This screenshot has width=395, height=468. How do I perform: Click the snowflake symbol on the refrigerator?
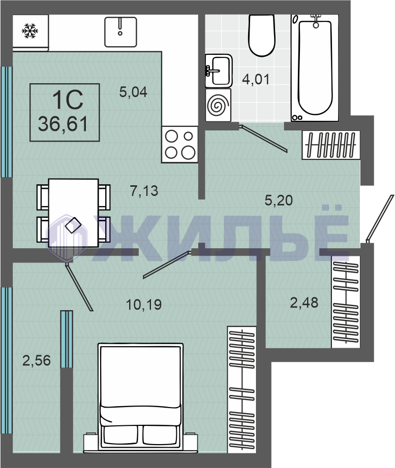[x=30, y=31]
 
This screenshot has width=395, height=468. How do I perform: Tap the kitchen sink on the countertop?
[x=120, y=32]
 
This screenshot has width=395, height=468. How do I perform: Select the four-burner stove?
[x=180, y=145]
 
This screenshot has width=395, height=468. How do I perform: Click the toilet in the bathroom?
[x=262, y=35]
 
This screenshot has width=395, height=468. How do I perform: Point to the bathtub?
[x=315, y=68]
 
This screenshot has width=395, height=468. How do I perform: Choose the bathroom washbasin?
[x=219, y=71]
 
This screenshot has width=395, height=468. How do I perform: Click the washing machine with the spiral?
[x=218, y=105]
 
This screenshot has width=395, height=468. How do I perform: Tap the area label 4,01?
[x=256, y=79]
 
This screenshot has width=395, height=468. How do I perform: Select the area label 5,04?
[x=133, y=92]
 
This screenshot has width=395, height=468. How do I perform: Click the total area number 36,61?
[x=63, y=124]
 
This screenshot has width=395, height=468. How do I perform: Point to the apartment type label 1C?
[x=68, y=100]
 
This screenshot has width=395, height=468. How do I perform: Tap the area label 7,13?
[x=144, y=191]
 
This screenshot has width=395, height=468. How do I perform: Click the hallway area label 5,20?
[x=279, y=200]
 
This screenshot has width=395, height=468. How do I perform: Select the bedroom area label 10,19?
[x=144, y=305]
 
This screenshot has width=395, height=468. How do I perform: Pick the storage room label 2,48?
[x=304, y=303]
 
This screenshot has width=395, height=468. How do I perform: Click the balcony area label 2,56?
[x=37, y=360]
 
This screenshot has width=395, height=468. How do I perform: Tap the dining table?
[x=74, y=213]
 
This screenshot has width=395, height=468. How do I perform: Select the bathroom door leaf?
[x=263, y=139]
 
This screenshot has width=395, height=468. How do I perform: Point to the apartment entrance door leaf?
[x=379, y=218]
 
